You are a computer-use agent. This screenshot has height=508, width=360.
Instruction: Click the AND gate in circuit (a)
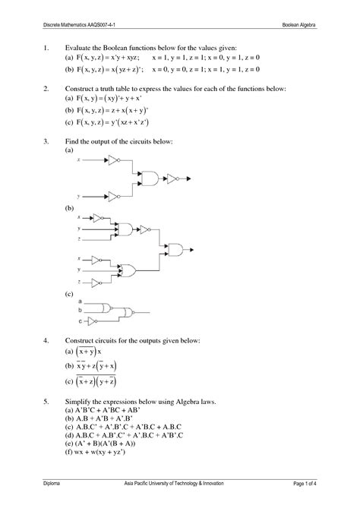[150, 178]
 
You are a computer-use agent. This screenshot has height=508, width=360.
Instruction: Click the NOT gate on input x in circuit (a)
[112, 161]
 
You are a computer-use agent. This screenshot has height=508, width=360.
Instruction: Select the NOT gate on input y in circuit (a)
[112, 195]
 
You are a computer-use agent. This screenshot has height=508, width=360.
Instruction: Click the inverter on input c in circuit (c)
[90, 320]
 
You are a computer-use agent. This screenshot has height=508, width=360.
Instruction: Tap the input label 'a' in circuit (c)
[80, 301]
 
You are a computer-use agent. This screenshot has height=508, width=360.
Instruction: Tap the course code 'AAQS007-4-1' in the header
[106, 24]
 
